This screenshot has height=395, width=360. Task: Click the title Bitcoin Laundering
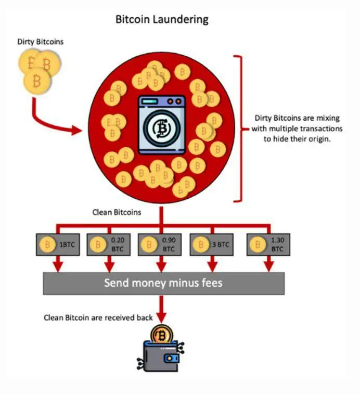click(161, 20)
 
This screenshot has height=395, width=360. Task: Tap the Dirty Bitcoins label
click(41, 42)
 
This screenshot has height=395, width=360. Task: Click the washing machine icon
click(162, 125)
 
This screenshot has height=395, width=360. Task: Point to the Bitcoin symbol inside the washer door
click(162, 129)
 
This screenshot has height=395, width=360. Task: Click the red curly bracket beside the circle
click(240, 128)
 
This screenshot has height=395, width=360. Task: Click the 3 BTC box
click(213, 244)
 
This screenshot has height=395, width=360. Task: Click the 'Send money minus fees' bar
click(163, 283)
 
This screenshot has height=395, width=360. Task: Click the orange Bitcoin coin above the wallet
click(162, 335)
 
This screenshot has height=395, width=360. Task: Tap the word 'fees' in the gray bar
click(211, 283)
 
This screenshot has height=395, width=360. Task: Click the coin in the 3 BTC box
click(201, 244)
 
